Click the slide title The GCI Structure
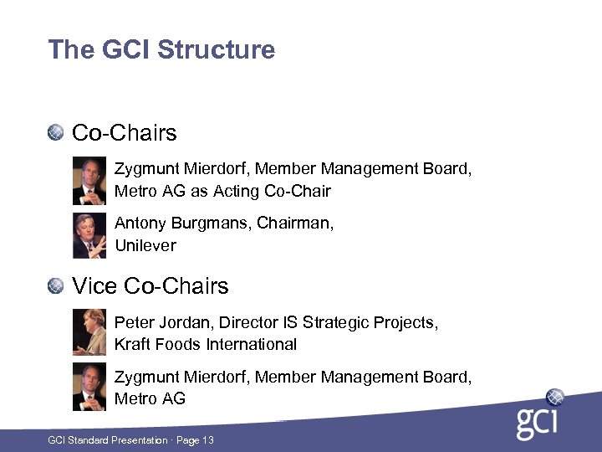pyautogui.click(x=161, y=49)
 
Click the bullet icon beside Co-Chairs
pyautogui.click(x=56, y=132)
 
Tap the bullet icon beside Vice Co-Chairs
pyautogui.click(x=56, y=286)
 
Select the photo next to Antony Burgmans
pyautogui.click(x=89, y=236)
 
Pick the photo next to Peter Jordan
pyautogui.click(x=89, y=332)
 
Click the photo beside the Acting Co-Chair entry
pyautogui.click(x=89, y=180)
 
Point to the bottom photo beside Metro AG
pyautogui.click(x=89, y=387)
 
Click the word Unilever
pyautogui.click(x=145, y=246)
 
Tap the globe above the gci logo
pyautogui.click(x=554, y=397)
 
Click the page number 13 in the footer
pyautogui.click(x=207, y=439)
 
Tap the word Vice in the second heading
pyautogui.click(x=94, y=286)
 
